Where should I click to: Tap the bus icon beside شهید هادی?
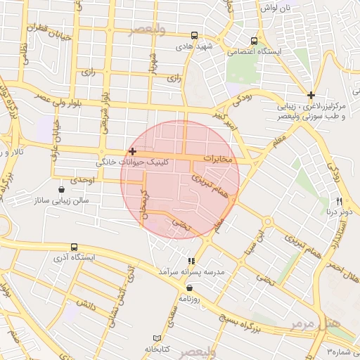194,35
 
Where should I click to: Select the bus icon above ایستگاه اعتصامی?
255,40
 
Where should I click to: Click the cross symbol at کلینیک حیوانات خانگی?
132,151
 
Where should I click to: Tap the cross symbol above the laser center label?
311,95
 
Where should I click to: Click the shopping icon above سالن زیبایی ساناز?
62,189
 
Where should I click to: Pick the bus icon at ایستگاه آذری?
74,247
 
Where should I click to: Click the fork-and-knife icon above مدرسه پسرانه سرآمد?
191,261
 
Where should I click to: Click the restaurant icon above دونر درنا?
339,200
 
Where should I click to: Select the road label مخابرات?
217,159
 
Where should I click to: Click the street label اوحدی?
82,181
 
